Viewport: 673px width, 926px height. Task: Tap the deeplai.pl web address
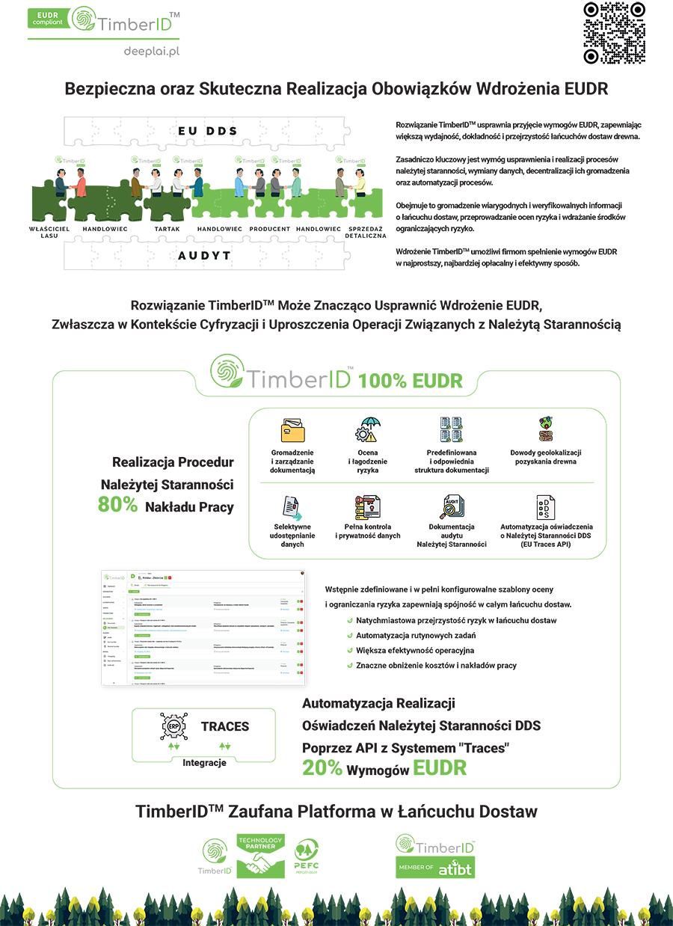153,51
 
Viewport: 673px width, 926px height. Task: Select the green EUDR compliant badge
49,18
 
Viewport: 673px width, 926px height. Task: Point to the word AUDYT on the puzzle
205,255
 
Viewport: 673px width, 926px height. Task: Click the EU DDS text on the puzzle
207,131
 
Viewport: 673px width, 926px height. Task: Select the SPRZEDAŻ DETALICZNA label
365,232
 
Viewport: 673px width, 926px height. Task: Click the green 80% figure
117,505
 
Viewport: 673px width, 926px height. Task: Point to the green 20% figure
322,767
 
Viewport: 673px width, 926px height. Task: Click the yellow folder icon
292,432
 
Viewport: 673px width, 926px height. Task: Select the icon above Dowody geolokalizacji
545,429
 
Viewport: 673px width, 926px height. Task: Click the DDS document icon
545,507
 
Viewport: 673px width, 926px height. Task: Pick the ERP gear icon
173,726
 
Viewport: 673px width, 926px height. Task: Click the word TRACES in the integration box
225,726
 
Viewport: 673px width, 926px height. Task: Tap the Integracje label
204,763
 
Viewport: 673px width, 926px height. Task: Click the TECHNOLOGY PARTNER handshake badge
259,856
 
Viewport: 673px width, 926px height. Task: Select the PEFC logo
308,857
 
